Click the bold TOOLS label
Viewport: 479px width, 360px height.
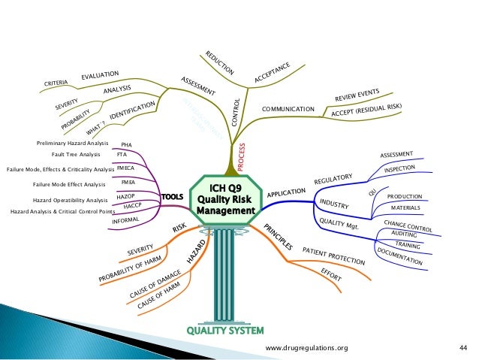click(x=173, y=198)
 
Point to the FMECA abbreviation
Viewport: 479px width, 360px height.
click(x=126, y=169)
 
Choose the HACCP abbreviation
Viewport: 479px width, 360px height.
click(x=132, y=205)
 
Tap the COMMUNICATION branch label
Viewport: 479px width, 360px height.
click(x=288, y=110)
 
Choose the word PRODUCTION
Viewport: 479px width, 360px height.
click(x=405, y=196)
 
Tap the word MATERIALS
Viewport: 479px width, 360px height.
click(x=406, y=207)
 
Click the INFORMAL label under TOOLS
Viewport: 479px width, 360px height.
click(x=126, y=221)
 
